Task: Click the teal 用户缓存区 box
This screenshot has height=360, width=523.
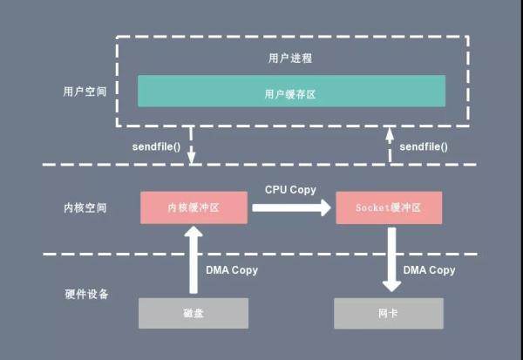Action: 291,91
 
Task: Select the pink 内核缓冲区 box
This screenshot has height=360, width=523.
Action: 194,207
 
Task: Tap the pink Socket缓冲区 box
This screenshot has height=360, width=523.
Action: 389,207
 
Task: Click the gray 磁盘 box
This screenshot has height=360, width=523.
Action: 194,313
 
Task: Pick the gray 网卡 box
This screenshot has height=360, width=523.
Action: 389,313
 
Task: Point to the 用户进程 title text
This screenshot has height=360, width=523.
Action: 290,58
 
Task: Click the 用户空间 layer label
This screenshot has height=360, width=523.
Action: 85,92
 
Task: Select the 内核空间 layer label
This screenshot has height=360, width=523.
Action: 85,207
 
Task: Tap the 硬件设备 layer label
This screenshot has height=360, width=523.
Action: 86,294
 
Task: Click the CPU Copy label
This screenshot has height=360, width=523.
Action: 290,189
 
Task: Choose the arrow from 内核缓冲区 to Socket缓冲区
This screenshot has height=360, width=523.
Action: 291,207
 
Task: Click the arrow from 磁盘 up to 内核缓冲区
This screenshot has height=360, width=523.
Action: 194,260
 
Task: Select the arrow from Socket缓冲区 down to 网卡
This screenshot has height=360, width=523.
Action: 392,260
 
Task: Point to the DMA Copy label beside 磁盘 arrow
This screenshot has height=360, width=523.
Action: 232,270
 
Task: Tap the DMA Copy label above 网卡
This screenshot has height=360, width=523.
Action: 429,270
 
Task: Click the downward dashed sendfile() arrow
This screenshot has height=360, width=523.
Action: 191,146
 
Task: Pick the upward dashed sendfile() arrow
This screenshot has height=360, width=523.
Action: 390,146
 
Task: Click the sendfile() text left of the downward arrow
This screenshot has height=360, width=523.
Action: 156,146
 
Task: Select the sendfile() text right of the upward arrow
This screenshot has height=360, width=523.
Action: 424,146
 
